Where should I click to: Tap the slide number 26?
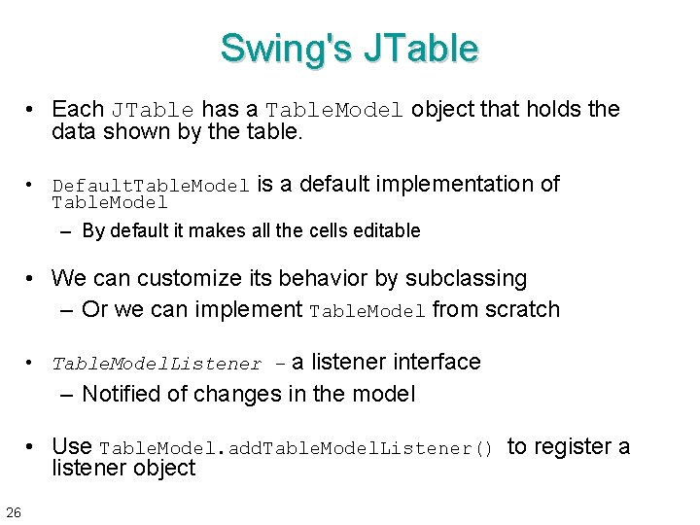tap(14, 511)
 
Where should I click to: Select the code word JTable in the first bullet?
tap(153, 110)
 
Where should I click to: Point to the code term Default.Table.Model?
tap(151, 186)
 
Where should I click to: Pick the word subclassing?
tap(465, 278)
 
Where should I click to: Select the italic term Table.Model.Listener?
tap(157, 365)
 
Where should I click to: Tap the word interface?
tap(437, 362)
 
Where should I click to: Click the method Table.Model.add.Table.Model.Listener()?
tap(297, 448)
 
